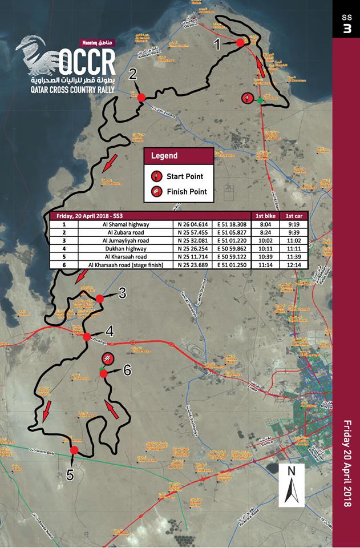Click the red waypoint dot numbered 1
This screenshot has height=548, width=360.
[240, 42]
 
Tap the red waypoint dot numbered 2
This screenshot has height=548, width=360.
[141, 98]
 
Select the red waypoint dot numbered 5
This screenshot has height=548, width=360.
[74, 451]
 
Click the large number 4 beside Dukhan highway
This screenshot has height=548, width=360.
[109, 331]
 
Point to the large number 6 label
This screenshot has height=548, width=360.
[127, 370]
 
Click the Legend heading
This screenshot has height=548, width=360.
[164, 156]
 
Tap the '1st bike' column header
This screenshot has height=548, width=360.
[267, 216]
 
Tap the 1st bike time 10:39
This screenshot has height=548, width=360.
[267, 257]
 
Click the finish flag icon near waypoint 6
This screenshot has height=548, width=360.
[107, 358]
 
